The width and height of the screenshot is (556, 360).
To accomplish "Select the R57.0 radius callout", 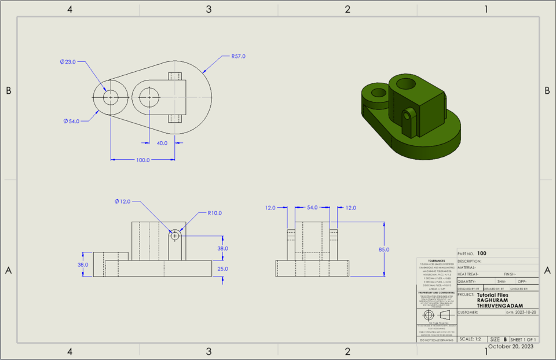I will [x=238, y=56].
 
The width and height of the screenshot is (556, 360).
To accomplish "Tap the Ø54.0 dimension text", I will [x=71, y=121].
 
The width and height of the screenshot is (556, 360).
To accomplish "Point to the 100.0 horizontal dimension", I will [x=142, y=160].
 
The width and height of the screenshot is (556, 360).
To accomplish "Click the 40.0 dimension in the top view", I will [x=162, y=143].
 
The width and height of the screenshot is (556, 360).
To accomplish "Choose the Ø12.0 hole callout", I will [x=123, y=201].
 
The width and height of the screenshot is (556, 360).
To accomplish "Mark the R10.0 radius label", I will [x=215, y=212].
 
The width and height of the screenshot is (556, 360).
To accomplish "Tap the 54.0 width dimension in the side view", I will [x=312, y=207].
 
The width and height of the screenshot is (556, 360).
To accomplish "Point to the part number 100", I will [x=482, y=254].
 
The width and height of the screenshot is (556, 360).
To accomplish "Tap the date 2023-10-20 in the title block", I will [x=526, y=313].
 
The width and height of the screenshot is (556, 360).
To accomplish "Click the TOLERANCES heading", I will [x=437, y=261].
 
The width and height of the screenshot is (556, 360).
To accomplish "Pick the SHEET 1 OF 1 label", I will [x=523, y=339].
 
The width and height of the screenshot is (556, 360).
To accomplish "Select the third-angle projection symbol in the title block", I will [x=436, y=315].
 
